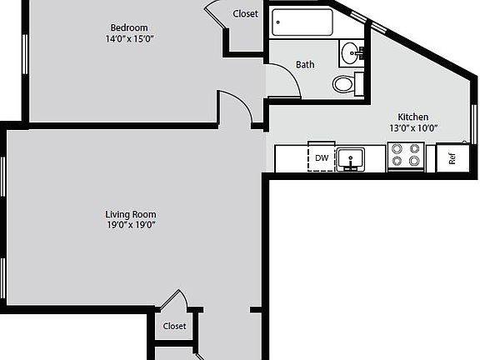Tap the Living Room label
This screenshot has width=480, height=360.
[x=132, y=214]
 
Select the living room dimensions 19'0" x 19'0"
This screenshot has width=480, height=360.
[x=132, y=225]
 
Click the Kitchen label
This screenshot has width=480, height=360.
[x=412, y=117]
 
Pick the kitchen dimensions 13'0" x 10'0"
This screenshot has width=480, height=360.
[x=412, y=128]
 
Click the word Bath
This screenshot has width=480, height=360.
[x=305, y=64]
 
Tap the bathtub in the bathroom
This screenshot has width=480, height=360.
[x=301, y=22]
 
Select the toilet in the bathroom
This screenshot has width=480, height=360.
[x=344, y=83]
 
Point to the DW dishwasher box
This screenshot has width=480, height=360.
[x=321, y=157]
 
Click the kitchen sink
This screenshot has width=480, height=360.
[x=351, y=157]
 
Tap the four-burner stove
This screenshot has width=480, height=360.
[x=406, y=156]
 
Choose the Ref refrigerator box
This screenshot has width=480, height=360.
[x=451, y=157]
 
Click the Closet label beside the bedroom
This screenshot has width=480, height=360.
[x=245, y=13]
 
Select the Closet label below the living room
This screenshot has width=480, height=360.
[x=174, y=326]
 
